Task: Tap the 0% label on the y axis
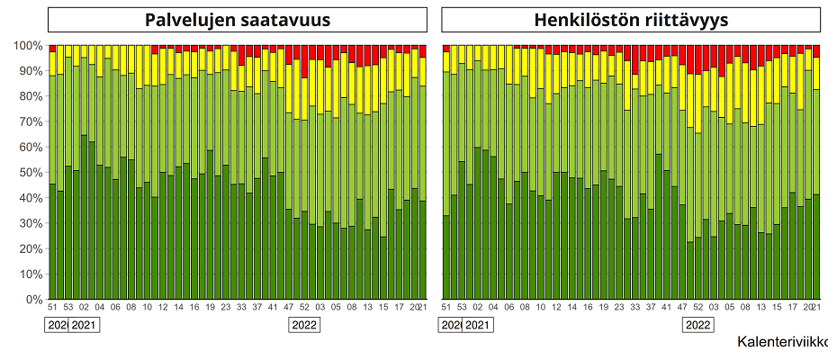(33, 299)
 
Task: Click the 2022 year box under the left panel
(302, 325)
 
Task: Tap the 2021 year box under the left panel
(84, 325)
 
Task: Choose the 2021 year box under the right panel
(477, 325)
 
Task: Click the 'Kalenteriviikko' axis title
(781, 342)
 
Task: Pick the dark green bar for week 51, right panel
(446, 257)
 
